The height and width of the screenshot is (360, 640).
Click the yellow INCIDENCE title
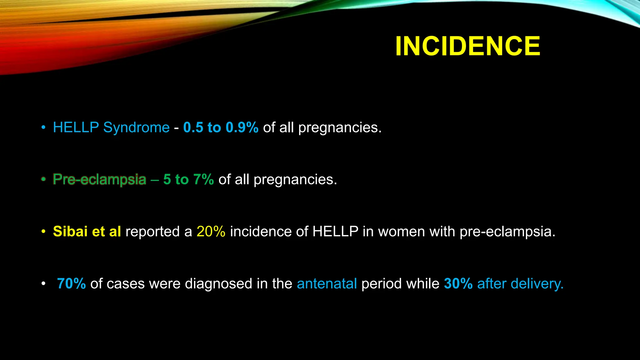pyautogui.click(x=467, y=46)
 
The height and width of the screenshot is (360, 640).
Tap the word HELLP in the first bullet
pyautogui.click(x=76, y=127)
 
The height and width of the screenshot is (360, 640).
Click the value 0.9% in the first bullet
pyautogui.click(x=242, y=127)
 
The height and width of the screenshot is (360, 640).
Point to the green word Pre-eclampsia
pyautogui.click(x=99, y=180)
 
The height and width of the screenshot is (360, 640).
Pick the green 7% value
pyautogui.click(x=203, y=180)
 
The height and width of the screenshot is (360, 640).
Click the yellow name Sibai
pyautogui.click(x=70, y=232)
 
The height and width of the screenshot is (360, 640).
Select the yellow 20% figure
pyautogui.click(x=211, y=232)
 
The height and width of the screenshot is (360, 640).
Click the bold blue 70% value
pyautogui.click(x=71, y=284)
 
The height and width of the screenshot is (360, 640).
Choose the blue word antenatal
pyautogui.click(x=327, y=284)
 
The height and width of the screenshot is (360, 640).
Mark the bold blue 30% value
pyautogui.click(x=458, y=284)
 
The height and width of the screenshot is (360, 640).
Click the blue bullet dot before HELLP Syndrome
pyautogui.click(x=43, y=127)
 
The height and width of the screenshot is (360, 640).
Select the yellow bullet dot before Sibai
pyautogui.click(x=43, y=232)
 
